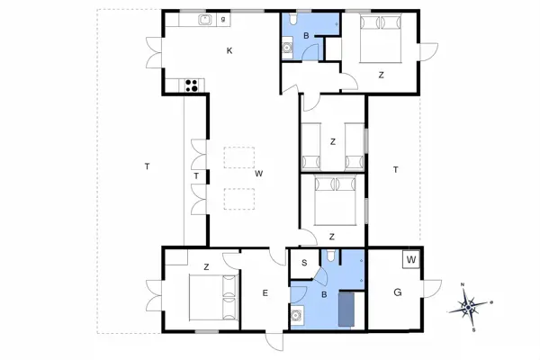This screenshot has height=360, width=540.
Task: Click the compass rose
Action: pyautogui.click(x=471, y=308)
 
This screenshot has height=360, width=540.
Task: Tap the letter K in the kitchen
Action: pyautogui.click(x=229, y=51)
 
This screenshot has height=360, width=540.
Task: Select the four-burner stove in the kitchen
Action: pyautogui.click(x=192, y=86)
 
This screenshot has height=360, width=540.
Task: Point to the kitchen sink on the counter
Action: pyautogui.click(x=205, y=19)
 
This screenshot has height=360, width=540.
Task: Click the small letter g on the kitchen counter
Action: pyautogui.click(x=223, y=19)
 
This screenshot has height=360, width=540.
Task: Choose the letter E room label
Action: pyautogui.click(x=265, y=292)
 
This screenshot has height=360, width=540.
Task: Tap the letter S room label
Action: pyautogui.click(x=304, y=263)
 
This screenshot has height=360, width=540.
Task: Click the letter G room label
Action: pyautogui.click(x=397, y=292)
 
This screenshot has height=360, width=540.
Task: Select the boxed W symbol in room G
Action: pyautogui.click(x=411, y=260)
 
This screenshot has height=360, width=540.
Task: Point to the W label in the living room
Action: pyautogui.click(x=257, y=173)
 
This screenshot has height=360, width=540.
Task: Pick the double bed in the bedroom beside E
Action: pyautogui.click(x=213, y=298)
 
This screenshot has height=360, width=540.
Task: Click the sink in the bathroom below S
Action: pyautogui.click(x=298, y=314)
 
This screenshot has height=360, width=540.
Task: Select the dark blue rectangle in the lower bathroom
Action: pyautogui.click(x=346, y=309)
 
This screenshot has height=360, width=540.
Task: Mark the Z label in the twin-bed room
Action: pyautogui.click(x=333, y=141)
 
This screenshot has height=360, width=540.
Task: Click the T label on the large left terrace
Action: pyautogui.click(x=145, y=166)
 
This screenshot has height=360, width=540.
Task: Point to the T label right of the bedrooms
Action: pyautogui.click(x=395, y=168)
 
